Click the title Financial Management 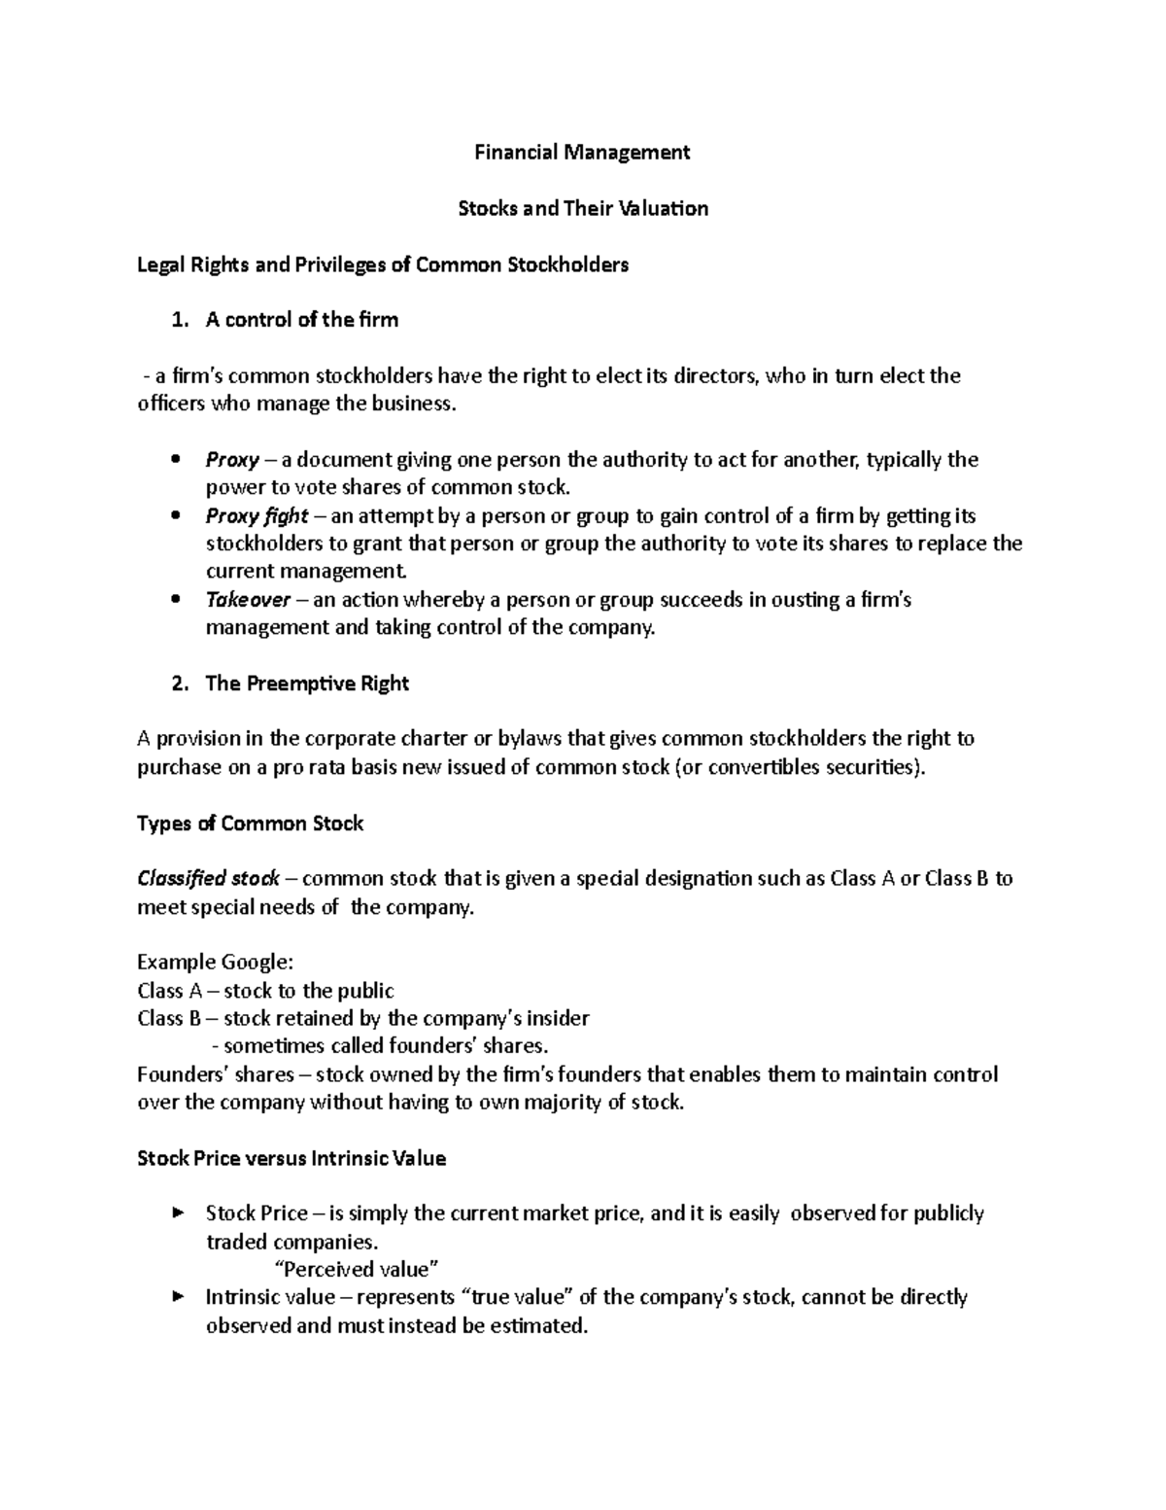point(581,152)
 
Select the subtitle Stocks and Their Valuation point(583,208)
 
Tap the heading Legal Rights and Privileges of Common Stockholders point(383,264)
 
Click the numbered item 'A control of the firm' point(301,320)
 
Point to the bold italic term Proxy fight point(257,515)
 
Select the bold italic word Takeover point(248,600)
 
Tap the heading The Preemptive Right point(307,684)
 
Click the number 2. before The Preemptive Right point(179,684)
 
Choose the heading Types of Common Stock point(250,824)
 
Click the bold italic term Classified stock point(208,879)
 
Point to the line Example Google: point(215,963)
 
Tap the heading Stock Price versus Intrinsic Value point(291,1158)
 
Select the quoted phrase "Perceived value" point(358,1269)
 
